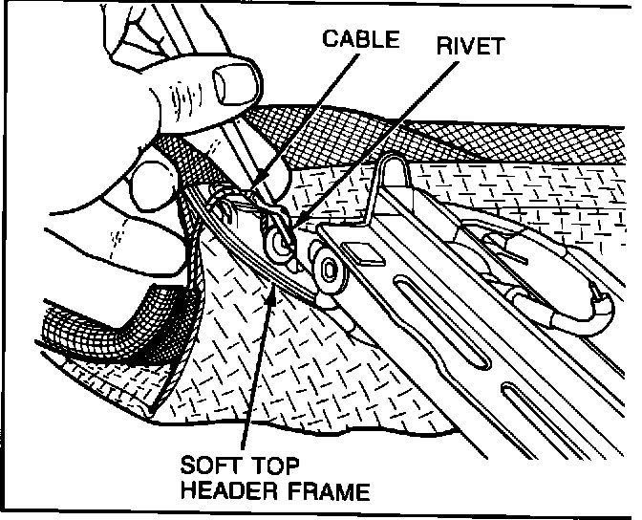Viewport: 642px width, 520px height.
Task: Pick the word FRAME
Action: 328,493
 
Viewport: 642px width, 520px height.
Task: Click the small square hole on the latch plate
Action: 363,252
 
